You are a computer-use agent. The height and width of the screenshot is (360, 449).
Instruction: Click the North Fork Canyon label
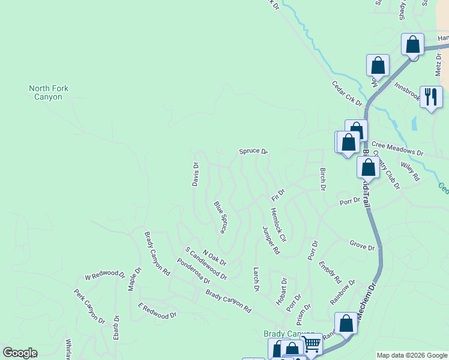click(x=49, y=92)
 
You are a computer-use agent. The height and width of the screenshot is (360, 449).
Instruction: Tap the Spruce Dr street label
click(x=253, y=151)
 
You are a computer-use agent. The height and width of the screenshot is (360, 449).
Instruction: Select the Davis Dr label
click(x=195, y=174)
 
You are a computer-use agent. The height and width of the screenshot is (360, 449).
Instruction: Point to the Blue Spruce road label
click(x=220, y=217)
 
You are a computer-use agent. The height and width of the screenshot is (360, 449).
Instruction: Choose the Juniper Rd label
click(x=271, y=239)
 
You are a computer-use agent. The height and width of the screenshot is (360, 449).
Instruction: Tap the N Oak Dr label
click(x=214, y=258)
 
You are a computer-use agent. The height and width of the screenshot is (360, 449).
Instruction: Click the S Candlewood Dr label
click(x=206, y=264)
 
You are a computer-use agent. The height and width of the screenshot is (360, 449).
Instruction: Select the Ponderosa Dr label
click(x=193, y=271)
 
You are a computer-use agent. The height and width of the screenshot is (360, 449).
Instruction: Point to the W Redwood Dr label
click(x=104, y=276)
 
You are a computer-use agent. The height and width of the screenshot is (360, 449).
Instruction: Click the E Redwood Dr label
click(x=157, y=311)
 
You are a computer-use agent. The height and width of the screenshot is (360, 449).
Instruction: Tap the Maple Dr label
click(x=134, y=279)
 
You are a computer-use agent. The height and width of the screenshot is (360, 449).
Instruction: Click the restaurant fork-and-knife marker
click(x=431, y=97)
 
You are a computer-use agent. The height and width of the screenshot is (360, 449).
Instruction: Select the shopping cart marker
click(x=312, y=344)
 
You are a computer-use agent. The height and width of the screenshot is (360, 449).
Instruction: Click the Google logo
click(x=20, y=353)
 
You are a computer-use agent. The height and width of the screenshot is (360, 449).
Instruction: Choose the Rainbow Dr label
click(x=342, y=291)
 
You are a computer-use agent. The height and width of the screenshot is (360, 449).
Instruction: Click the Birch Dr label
click(x=322, y=179)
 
